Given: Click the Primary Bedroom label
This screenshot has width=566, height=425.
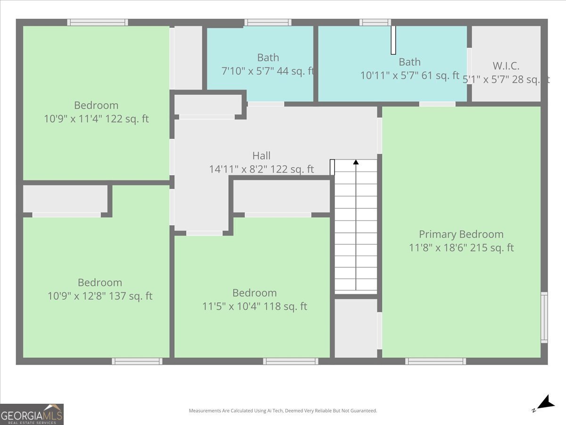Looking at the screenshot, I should coord(461,234).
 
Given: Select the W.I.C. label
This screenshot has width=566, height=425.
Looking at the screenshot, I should coord(506,66).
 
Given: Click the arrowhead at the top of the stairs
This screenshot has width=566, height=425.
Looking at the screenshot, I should coord(356,162).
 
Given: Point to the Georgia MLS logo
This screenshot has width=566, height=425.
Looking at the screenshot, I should coord(32,414).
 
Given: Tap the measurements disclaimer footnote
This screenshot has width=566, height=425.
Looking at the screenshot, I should coord(283,411).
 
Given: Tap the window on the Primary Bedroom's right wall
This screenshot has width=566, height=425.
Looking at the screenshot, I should coord(544,317).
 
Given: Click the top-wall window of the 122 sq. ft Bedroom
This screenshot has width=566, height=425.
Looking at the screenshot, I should coord(98,22).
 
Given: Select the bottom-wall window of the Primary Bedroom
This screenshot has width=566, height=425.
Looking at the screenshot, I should coord(436,361).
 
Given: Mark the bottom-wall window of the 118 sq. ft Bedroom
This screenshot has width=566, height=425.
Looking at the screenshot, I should coord(291,361).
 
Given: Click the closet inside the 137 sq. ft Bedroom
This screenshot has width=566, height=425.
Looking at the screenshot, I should coord(65,199).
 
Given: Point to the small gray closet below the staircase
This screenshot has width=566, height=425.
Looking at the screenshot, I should coord(356,328).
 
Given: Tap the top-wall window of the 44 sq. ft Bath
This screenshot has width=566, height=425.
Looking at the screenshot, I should coord(268,22).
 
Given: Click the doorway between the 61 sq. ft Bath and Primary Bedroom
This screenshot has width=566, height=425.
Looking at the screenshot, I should coord(437,104).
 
